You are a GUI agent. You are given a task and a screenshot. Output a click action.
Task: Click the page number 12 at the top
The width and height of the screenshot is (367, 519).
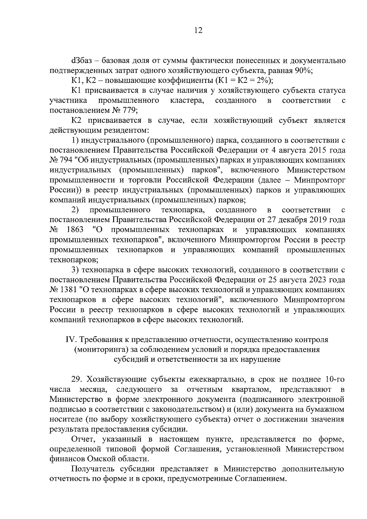198,31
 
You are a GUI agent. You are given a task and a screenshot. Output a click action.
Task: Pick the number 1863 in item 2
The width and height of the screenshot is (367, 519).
75,230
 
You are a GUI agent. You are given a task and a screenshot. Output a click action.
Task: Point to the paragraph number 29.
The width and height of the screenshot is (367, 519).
76,380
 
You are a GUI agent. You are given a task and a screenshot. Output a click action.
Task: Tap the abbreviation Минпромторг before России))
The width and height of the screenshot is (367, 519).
320,180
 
